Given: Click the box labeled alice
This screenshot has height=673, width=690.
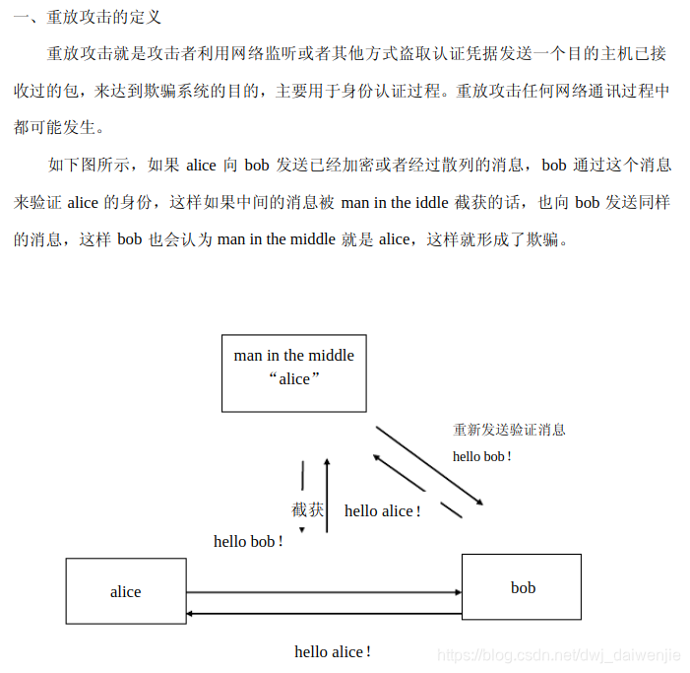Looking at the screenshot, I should pyautogui.click(x=126, y=591).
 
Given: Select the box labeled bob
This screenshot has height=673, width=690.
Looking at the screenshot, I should pyautogui.click(x=522, y=587).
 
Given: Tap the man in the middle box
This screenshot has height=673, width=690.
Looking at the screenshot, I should pyautogui.click(x=293, y=371).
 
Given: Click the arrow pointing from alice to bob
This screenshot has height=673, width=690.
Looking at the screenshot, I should pyautogui.click(x=325, y=592).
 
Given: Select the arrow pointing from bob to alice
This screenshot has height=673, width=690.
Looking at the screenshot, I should pyautogui.click(x=325, y=613).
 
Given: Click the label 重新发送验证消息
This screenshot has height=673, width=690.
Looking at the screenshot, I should pyautogui.click(x=509, y=430).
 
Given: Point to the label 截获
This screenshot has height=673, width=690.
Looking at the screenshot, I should pyautogui.click(x=307, y=509).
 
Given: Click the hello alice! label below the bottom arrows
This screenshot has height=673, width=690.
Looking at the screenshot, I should pyautogui.click(x=333, y=651).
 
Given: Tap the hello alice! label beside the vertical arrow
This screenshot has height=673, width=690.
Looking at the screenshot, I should pyautogui.click(x=382, y=510).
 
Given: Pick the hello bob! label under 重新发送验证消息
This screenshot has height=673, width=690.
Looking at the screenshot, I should pyautogui.click(x=481, y=456).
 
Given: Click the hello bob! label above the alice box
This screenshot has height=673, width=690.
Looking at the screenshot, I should pyautogui.click(x=248, y=541).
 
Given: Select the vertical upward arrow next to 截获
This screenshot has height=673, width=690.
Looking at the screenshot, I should pyautogui.click(x=327, y=495).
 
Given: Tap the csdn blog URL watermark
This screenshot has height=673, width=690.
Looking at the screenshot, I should pyautogui.click(x=558, y=654).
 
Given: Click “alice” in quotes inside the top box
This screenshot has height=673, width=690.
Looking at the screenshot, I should pyautogui.click(x=293, y=379).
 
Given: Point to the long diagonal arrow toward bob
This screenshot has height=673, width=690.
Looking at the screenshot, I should pyautogui.click(x=429, y=465).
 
